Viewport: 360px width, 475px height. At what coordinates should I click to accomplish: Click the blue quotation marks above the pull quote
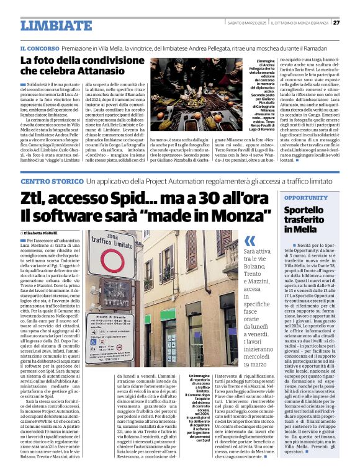point(250,241)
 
